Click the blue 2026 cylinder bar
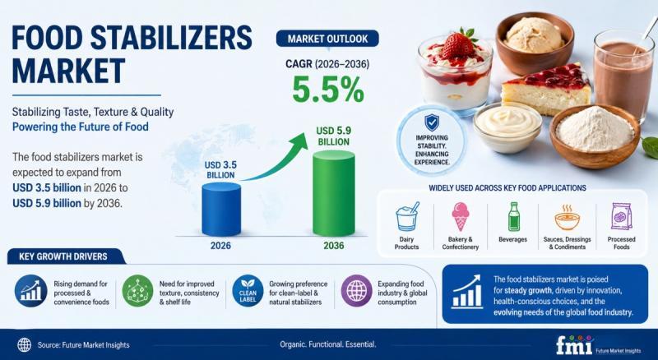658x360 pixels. tap(221, 209)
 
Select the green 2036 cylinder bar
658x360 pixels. tap(334, 193)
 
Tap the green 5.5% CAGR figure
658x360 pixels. tap(327, 90)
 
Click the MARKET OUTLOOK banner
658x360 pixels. tap(327, 39)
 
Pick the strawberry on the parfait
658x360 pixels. tap(458, 44)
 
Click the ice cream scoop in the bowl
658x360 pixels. tap(534, 35)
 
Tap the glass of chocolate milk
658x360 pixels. tap(623, 75)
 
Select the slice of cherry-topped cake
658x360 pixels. tap(545, 90)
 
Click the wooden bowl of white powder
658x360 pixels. tap(595, 136)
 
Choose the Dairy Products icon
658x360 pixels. tap(406, 216)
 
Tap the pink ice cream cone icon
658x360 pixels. tap(461, 216)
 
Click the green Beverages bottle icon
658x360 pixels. tap(513, 216)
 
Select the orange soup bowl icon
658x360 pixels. tap(567, 217)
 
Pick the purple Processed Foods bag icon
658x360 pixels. tap(622, 216)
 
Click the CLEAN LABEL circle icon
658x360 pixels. tap(248, 291)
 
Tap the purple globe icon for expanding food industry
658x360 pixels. tap(356, 291)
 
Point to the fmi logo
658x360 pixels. tap(574, 344)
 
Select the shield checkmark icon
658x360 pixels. tap(431, 122)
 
